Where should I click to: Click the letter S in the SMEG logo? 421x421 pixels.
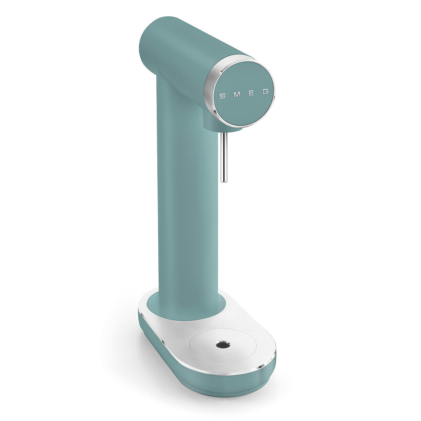(222, 96)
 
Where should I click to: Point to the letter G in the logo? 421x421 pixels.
(265, 92)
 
